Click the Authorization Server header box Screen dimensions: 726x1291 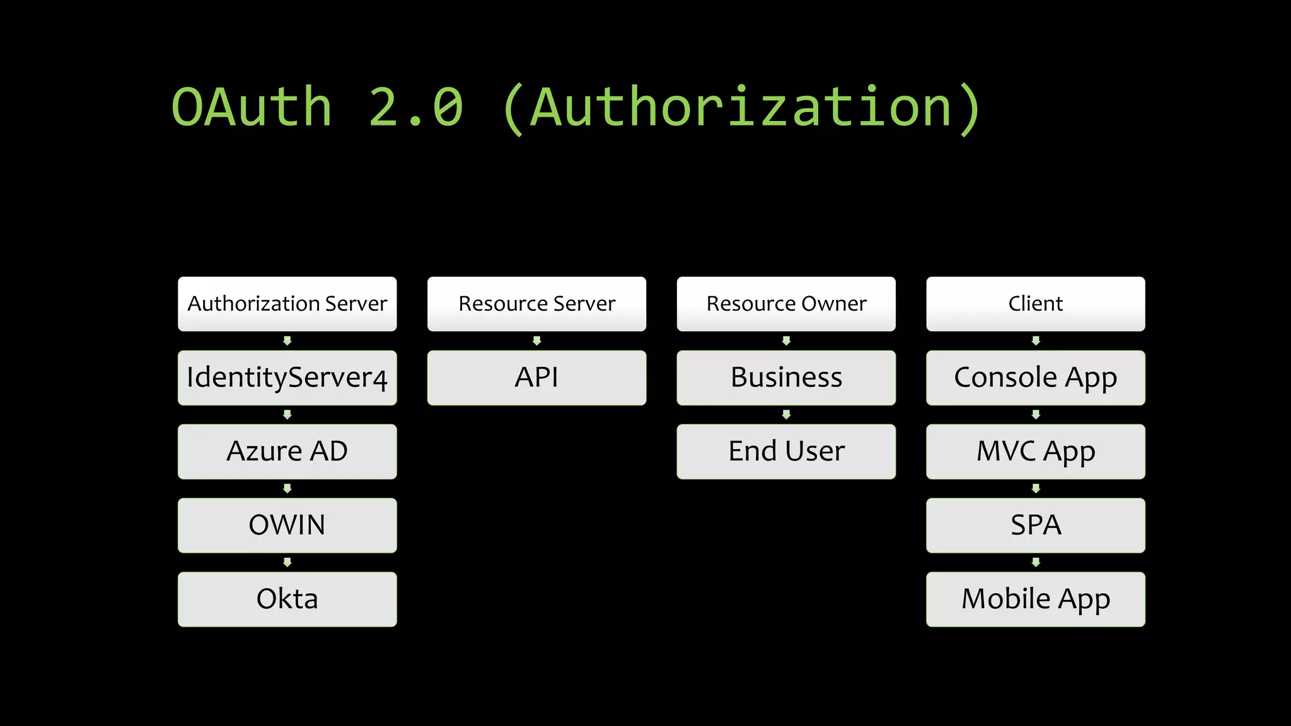click(x=287, y=304)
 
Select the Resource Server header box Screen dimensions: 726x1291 click(x=536, y=304)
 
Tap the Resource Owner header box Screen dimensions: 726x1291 click(x=786, y=304)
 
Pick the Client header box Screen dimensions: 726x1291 click(x=1035, y=304)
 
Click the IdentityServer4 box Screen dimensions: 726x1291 click(x=287, y=377)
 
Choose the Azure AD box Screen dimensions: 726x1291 click(x=287, y=451)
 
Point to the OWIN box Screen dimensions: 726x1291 click(x=287, y=525)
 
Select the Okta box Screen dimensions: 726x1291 click(x=287, y=599)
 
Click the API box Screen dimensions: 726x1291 click(x=536, y=377)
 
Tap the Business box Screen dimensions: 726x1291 click(x=786, y=377)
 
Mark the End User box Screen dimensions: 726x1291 click(x=786, y=451)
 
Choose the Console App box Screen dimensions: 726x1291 click(x=1035, y=377)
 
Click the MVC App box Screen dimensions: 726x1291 click(x=1035, y=451)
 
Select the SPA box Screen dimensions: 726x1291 click(x=1035, y=525)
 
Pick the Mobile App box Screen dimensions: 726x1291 click(x=1035, y=599)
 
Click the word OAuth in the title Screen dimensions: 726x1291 click(x=252, y=107)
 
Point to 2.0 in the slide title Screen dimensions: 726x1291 click(x=415, y=107)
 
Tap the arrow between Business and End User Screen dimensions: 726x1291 click(x=786, y=415)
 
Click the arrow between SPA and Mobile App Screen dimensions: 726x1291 click(x=1035, y=562)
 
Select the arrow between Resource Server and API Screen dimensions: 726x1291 click(x=536, y=341)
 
